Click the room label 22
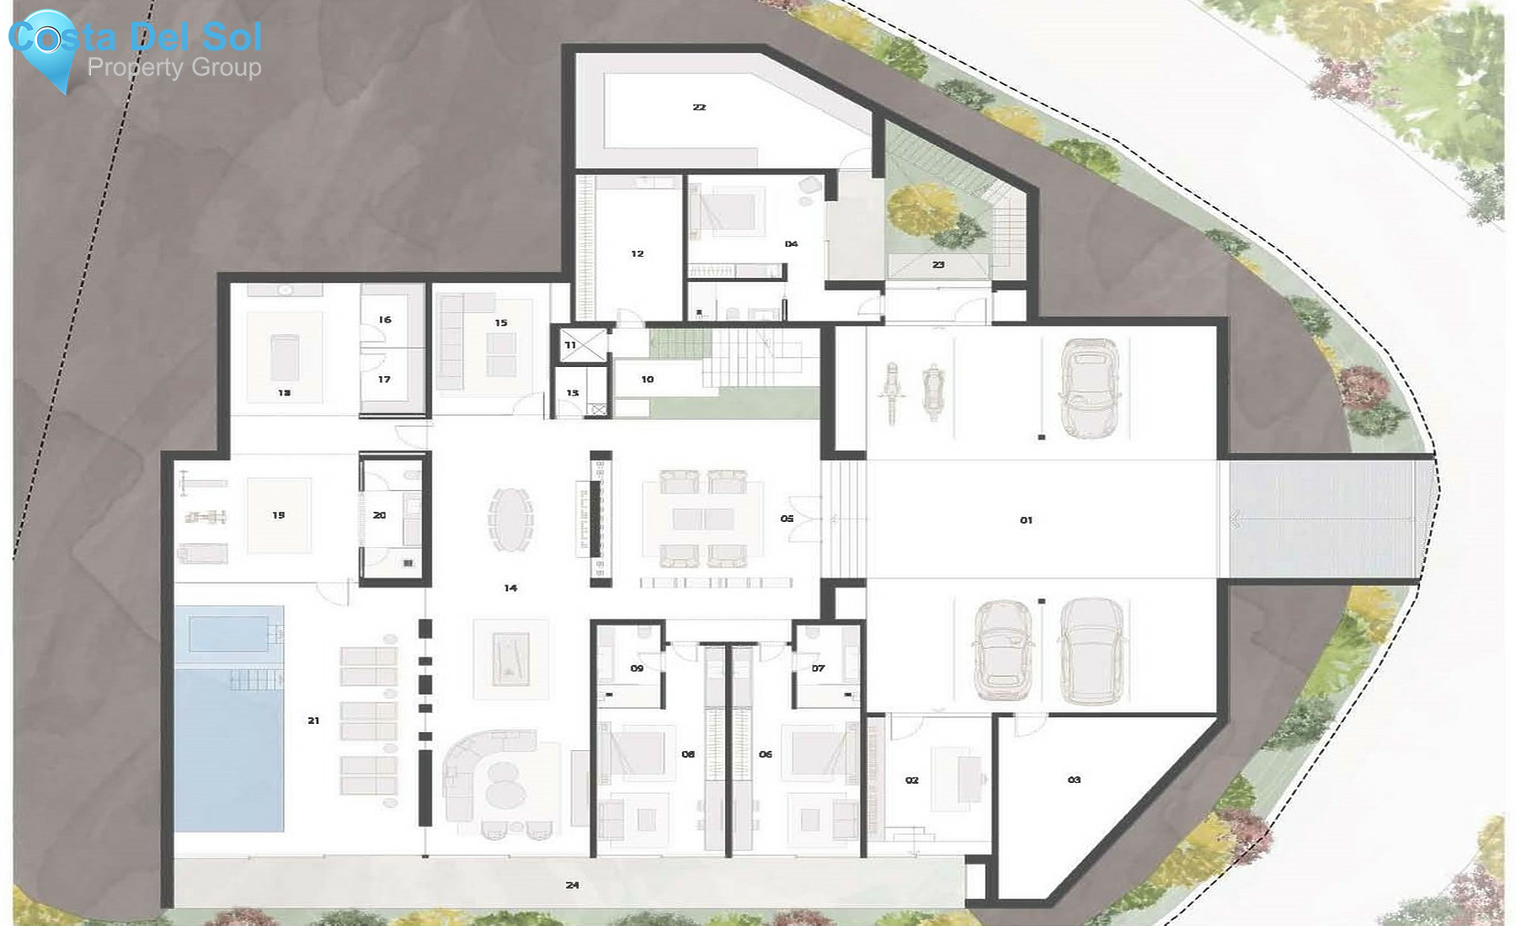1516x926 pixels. click(699, 108)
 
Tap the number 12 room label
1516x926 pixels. click(638, 253)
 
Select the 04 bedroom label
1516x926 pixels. click(791, 244)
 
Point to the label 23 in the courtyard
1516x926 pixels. click(938, 264)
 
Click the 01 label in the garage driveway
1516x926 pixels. click(1026, 520)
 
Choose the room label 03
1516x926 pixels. click(1074, 780)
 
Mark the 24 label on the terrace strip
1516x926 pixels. click(573, 885)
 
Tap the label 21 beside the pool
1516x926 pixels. click(313, 721)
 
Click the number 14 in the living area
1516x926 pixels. click(510, 588)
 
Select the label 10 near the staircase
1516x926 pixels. click(647, 380)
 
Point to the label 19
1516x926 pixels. click(279, 515)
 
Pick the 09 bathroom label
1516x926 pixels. click(637, 668)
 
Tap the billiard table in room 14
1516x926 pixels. click(510, 659)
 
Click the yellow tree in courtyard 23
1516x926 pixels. click(923, 210)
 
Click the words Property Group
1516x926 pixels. click(174, 67)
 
